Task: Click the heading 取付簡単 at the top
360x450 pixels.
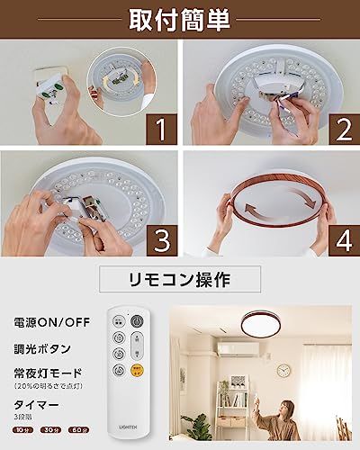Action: click(180, 18)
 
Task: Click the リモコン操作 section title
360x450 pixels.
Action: click(180, 279)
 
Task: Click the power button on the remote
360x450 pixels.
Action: click(138, 320)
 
